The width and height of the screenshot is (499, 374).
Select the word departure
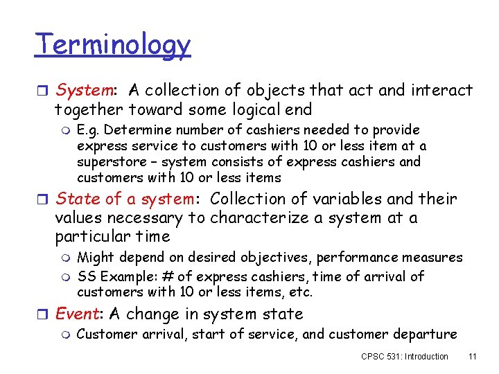click(424, 335)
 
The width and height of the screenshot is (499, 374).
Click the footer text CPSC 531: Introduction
click(405, 357)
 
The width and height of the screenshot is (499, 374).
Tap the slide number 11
click(473, 357)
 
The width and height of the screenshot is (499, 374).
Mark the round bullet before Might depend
click(67, 258)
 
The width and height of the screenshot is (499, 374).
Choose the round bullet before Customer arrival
click(67, 335)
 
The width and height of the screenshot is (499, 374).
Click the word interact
click(439, 91)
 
